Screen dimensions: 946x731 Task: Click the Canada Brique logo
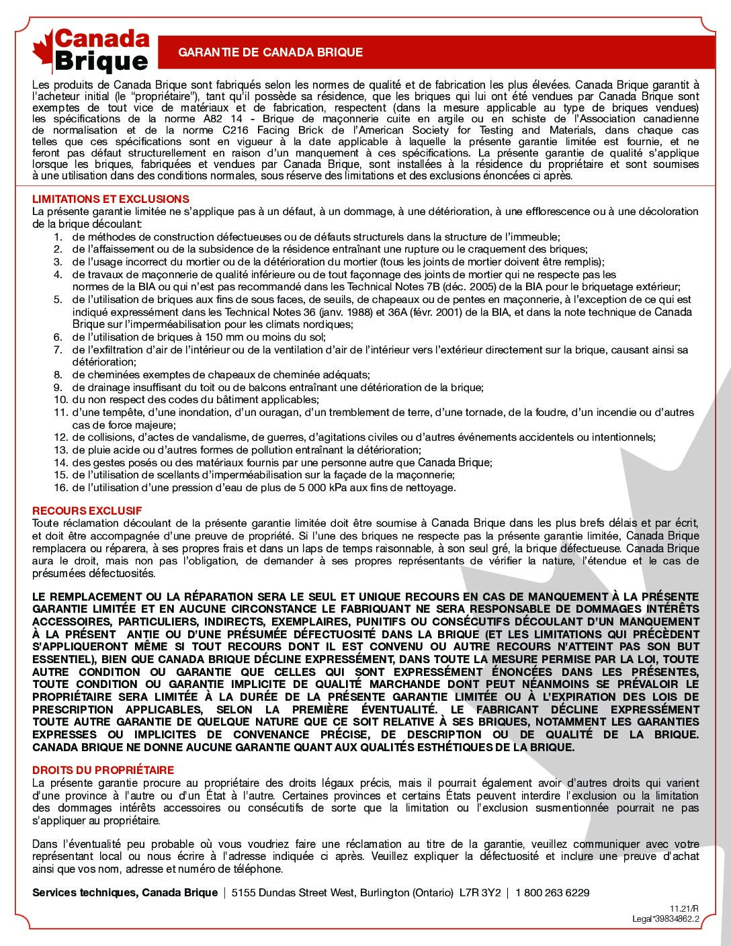point(91,50)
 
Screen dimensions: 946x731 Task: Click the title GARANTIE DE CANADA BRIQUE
point(271,52)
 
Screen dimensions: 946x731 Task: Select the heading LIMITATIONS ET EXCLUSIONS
point(111,199)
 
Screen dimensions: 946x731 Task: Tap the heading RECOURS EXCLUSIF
point(87,511)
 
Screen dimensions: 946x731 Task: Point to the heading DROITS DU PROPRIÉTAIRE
point(103,770)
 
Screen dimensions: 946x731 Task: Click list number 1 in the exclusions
point(58,236)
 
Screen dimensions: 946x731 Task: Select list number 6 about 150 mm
point(58,337)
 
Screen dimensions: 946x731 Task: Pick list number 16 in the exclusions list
point(58,488)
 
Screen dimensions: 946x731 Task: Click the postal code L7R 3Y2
point(480,892)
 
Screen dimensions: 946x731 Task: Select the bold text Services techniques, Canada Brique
point(124,892)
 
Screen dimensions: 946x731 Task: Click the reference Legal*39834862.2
point(666,918)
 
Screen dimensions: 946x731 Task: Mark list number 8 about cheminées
point(58,374)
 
